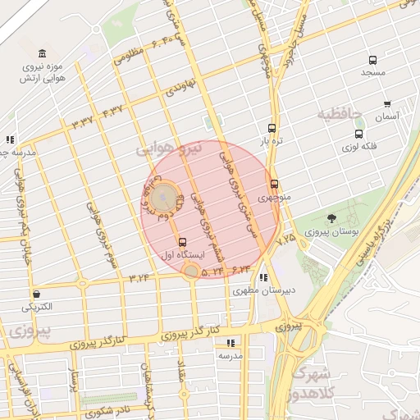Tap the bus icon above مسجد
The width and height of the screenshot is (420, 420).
pyautogui.click(x=373, y=60)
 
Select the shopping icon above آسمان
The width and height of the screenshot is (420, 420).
pyautogui.click(x=387, y=105)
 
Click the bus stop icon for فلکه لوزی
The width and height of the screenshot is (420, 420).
pyautogui.click(x=358, y=134)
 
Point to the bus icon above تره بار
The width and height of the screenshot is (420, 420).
pyautogui.click(x=272, y=129)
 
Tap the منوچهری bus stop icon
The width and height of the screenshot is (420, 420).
pyautogui.click(x=274, y=185)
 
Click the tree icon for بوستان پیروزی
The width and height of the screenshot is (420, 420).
pyautogui.click(x=331, y=218)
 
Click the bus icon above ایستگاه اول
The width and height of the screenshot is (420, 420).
pyautogui.click(x=182, y=242)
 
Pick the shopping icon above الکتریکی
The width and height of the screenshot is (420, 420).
pyautogui.click(x=36, y=294)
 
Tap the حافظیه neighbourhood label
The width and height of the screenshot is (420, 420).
pyautogui.click(x=343, y=114)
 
